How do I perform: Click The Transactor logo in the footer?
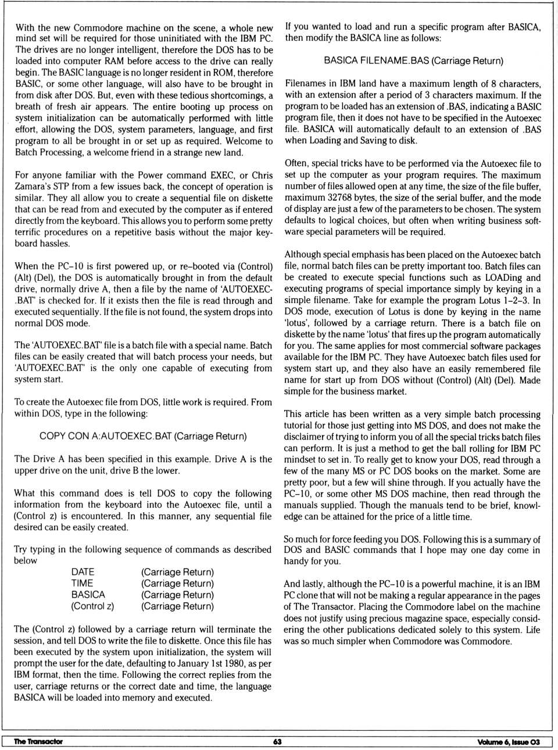38,741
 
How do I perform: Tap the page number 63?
277,741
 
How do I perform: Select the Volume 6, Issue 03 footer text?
508,741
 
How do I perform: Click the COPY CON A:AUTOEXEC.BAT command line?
143,436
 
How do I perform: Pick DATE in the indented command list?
83,572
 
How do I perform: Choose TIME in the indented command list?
82,583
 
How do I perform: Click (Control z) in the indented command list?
92,606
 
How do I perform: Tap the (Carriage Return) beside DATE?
177,572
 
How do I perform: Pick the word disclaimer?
306,437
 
